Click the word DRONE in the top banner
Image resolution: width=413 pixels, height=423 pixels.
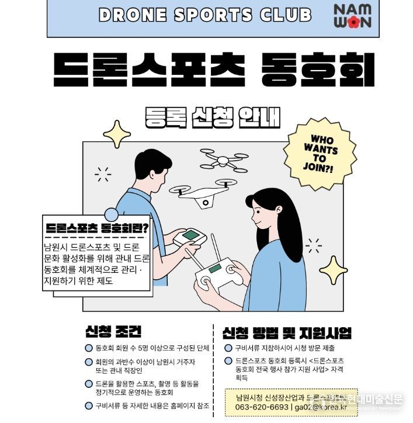131,15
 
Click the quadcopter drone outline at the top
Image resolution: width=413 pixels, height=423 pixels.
224,158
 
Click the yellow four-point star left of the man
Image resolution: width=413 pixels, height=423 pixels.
116,136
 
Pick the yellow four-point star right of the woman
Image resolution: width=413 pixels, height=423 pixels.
334,271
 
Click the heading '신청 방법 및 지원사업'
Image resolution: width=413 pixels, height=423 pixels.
287,333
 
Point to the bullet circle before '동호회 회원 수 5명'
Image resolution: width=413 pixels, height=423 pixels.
88,348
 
